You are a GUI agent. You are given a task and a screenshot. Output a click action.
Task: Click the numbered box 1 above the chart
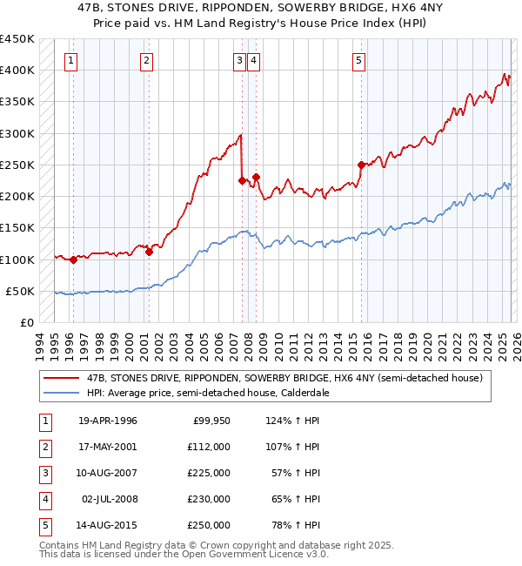(x=70, y=60)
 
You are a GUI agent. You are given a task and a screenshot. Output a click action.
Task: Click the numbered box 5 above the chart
(x=358, y=60)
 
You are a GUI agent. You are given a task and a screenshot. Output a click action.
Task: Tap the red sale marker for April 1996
(x=73, y=259)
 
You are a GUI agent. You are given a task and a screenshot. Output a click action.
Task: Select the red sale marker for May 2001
(x=149, y=253)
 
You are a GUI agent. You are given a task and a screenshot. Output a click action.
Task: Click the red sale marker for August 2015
(x=361, y=165)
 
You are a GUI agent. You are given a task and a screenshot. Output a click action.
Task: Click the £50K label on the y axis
(x=21, y=291)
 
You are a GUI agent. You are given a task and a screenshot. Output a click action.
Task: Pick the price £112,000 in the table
(x=208, y=447)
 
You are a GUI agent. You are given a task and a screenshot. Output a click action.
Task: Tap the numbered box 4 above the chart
(x=253, y=60)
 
